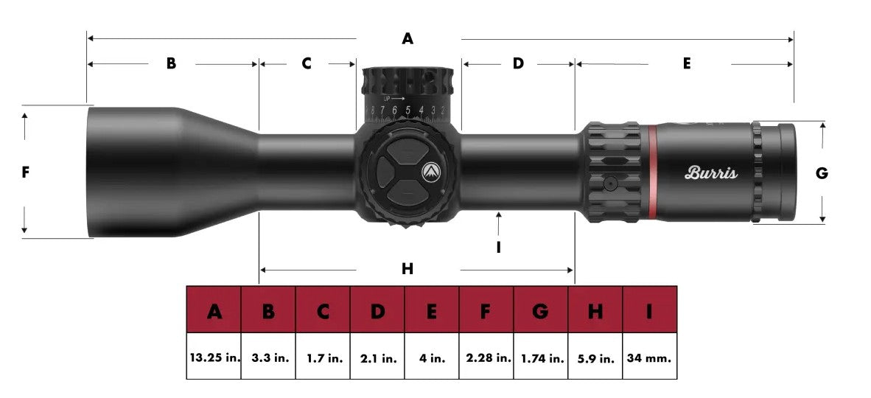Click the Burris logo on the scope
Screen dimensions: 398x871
[x=711, y=173]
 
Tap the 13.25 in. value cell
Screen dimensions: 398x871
[x=214, y=358]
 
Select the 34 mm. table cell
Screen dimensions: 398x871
[x=650, y=358]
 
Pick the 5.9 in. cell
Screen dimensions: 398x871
[x=595, y=358]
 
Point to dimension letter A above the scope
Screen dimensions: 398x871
[x=407, y=39]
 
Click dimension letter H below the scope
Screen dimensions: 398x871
[x=407, y=270]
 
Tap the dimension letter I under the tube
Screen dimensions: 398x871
[x=499, y=248]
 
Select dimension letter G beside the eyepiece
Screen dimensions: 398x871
[x=822, y=174]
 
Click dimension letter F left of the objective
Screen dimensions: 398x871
[x=25, y=172]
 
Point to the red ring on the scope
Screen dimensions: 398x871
[x=652, y=172]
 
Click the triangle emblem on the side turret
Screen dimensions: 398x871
[x=430, y=172]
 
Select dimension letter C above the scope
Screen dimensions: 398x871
[x=307, y=63]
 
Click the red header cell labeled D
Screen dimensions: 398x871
[x=377, y=312]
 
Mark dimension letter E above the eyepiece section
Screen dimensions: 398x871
[x=686, y=63]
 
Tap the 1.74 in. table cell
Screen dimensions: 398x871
[x=541, y=358]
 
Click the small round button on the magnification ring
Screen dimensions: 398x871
[x=610, y=183]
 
